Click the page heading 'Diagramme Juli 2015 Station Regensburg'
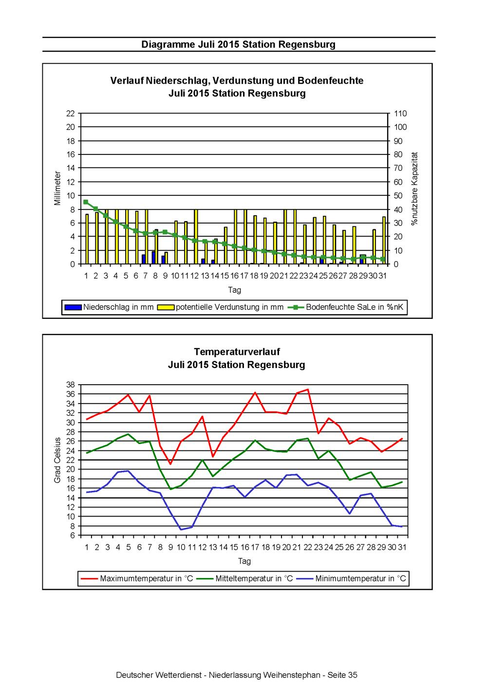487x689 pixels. click(238, 44)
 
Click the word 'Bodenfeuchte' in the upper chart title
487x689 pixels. click(330, 81)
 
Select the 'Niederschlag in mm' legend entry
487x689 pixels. click(109, 307)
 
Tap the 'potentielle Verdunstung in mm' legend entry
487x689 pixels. click(220, 307)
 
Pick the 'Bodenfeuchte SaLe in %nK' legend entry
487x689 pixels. click(345, 307)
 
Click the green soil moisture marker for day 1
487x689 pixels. click(86, 202)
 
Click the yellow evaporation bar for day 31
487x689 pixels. click(384, 240)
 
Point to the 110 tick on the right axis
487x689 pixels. click(400, 113)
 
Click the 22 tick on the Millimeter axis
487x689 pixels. click(71, 113)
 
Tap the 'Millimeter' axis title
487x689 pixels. click(57, 188)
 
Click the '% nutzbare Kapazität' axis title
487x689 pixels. click(415, 188)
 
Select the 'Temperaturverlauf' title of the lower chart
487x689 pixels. click(237, 352)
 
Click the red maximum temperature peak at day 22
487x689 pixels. click(308, 390)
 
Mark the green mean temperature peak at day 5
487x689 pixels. click(128, 434)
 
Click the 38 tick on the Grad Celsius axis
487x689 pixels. click(71, 385)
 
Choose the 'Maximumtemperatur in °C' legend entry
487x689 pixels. click(137, 578)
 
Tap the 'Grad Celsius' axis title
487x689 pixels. click(57, 460)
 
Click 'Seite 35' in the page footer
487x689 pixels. click(342, 675)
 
